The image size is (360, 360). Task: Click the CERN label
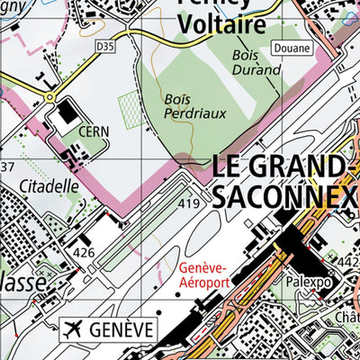pos(94,131)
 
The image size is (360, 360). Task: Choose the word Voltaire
pos(221,24)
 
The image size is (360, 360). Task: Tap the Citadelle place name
pos(49,187)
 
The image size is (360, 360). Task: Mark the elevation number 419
pos(188,205)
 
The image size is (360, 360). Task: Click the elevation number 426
pos(84,252)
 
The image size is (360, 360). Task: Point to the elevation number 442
pos(350,259)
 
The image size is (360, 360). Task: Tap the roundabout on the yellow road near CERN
pos(48,95)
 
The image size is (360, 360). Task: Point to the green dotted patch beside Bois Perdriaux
pos(130,108)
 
